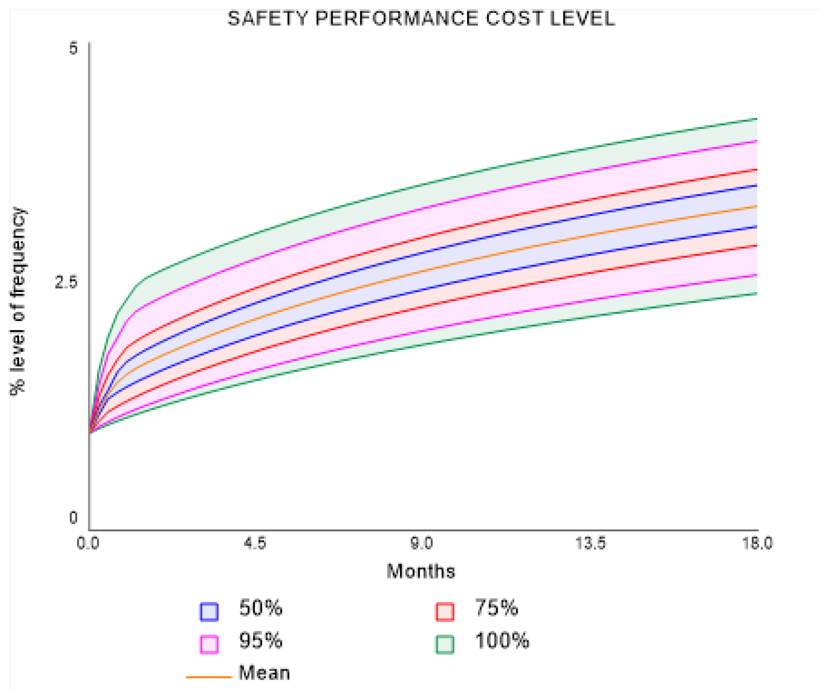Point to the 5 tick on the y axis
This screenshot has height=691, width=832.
click(x=73, y=49)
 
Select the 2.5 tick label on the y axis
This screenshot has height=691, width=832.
click(x=66, y=282)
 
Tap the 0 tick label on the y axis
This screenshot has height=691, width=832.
click(x=73, y=518)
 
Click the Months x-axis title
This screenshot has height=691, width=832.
click(x=421, y=571)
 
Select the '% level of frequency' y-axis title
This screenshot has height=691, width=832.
click(x=18, y=301)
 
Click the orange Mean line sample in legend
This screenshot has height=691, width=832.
click(x=209, y=677)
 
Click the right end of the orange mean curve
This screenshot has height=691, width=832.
click(x=756, y=206)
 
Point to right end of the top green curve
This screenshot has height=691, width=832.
click(x=756, y=119)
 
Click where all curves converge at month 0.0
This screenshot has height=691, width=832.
click(x=91, y=432)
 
